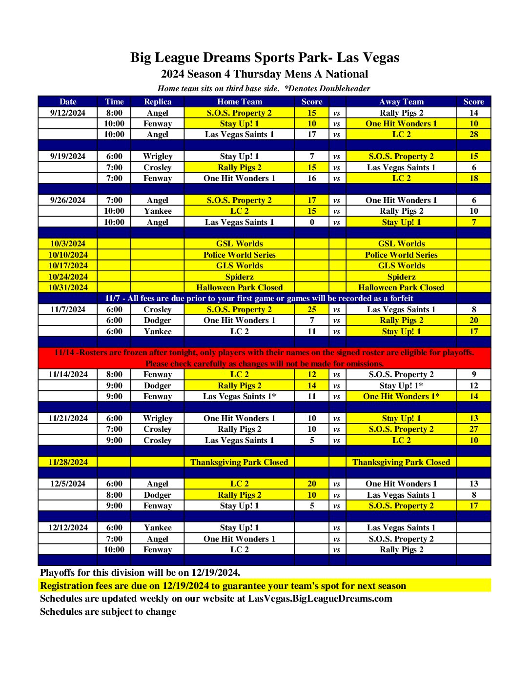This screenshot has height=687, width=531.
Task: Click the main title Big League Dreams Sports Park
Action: [265, 58]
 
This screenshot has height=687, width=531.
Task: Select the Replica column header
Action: [158, 101]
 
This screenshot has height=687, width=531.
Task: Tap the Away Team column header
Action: [401, 101]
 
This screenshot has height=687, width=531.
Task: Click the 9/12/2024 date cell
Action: [68, 113]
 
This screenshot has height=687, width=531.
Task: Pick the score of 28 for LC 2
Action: [473, 134]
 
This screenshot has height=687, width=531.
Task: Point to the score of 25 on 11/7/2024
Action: [312, 309]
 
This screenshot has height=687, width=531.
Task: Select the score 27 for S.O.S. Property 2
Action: [473, 429]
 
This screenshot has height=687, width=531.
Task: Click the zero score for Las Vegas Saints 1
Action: [312, 222]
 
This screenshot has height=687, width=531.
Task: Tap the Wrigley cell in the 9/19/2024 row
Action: [158, 156]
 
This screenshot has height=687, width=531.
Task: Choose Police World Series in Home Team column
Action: [239, 255]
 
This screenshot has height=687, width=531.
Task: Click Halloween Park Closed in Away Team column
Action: [401, 287]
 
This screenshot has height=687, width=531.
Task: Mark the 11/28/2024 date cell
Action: [68, 462]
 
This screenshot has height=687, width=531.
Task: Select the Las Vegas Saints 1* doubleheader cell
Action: [239, 396]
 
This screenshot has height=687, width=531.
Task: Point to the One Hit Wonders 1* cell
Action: [401, 396]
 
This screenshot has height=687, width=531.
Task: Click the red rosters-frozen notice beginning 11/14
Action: [264, 358]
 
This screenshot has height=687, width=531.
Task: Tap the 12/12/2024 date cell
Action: [68, 527]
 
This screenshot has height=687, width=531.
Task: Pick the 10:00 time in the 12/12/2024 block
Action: [114, 549]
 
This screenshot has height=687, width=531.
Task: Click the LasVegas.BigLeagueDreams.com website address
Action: [320, 599]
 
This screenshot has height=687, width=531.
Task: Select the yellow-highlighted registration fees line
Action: [223, 586]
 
